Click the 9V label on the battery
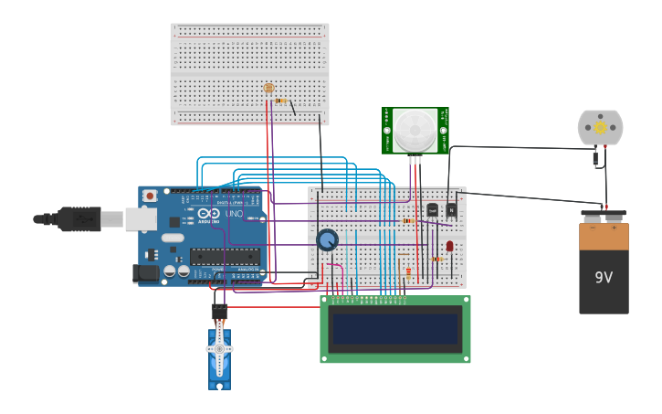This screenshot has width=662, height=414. coord(604,278)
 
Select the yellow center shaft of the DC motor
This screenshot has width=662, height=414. coord(600,128)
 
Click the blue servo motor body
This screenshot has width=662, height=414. coord(219,356)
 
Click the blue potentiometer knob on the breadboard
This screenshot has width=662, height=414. coord(327,239)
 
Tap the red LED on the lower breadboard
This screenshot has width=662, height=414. coord(449,246)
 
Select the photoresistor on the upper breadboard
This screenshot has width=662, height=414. coord(268,89)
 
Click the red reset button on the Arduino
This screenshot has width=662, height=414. coord(150,195)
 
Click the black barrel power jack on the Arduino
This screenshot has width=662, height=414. coord(145,272)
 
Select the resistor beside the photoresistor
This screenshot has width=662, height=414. coord(281,101)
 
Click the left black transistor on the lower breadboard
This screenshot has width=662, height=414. coord(433,210)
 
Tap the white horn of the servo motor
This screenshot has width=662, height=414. coord(219,348)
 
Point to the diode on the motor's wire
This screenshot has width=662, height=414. coord(595,158)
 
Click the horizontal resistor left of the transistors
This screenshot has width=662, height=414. coord(408,220)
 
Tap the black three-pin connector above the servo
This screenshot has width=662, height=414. coord(219,311)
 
